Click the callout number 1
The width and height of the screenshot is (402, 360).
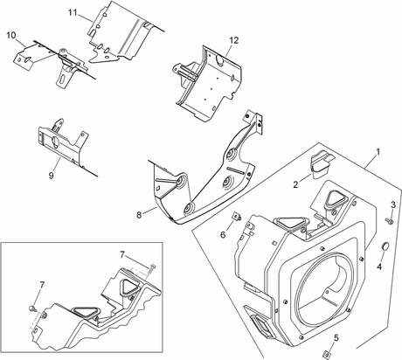378,152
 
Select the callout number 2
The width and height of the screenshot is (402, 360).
295,184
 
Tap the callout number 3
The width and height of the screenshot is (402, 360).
393,204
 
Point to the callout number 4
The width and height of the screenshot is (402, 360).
379,267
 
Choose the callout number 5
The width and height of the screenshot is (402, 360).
336,338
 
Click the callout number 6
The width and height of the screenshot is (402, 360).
223,234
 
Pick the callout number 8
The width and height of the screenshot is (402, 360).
139,215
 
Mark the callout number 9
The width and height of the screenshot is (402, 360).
52,176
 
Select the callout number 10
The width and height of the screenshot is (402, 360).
11,36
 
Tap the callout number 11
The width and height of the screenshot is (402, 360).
73,13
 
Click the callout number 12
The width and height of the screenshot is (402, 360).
234,40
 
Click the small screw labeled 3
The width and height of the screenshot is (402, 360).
389,221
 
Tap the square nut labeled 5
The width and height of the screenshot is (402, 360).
328,354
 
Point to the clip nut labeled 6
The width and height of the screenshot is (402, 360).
237,217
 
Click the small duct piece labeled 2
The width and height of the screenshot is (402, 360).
322,163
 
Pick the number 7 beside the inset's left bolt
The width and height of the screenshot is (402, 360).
42,285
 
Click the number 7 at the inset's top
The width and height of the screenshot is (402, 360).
122,255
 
